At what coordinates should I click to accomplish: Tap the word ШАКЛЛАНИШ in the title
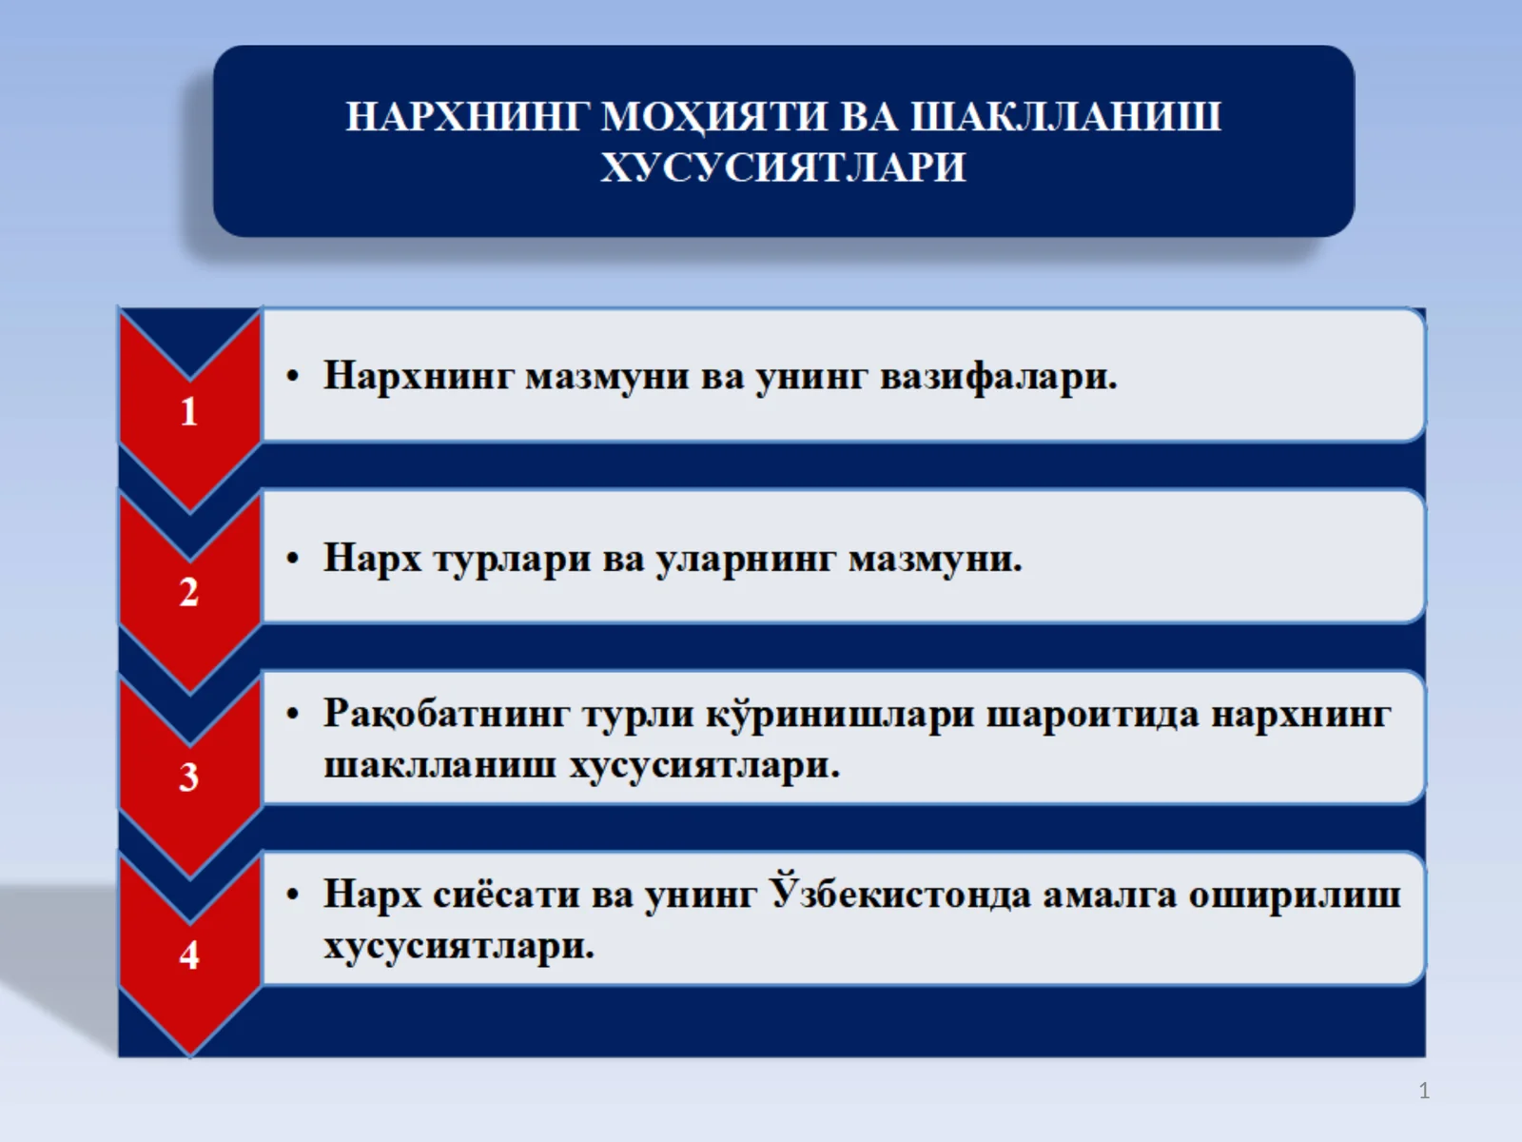[x=1065, y=116]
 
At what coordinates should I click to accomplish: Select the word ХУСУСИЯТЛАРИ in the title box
[x=783, y=167]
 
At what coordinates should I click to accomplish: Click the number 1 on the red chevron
[x=189, y=412]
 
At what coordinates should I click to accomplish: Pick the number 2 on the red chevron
[x=189, y=593]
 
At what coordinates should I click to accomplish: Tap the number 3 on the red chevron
[x=189, y=778]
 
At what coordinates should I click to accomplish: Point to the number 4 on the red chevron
[x=189, y=955]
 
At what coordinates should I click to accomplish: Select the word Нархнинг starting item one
[x=419, y=375]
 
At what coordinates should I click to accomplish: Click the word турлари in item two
[x=512, y=559]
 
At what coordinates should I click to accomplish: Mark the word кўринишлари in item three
[x=840, y=714]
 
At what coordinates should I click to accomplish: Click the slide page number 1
[x=1424, y=1091]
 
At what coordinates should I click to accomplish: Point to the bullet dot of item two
[x=293, y=559]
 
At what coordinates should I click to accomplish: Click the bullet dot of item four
[x=293, y=896]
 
